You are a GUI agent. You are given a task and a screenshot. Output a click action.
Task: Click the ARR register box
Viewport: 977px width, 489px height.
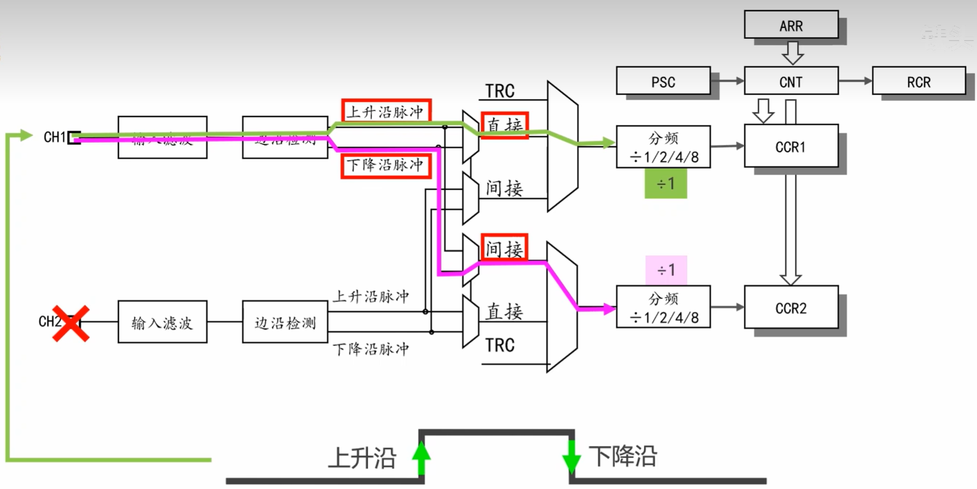[x=790, y=25]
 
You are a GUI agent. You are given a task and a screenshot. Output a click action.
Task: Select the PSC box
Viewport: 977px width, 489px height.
[x=663, y=81]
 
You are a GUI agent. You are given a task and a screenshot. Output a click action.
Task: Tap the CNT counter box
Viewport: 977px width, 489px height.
[x=790, y=81]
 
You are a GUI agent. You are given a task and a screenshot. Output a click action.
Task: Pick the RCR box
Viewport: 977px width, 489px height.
[x=918, y=81]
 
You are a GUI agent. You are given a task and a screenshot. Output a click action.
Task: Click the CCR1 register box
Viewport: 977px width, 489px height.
[x=790, y=146]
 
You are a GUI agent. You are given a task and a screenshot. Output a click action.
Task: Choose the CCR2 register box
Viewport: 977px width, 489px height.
[x=790, y=308]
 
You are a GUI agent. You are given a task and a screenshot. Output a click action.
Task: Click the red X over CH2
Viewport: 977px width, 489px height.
[x=71, y=323]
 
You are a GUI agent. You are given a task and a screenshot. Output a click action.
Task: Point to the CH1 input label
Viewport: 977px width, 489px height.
[x=54, y=137]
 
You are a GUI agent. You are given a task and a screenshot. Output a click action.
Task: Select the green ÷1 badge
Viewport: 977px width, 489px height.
[x=665, y=184]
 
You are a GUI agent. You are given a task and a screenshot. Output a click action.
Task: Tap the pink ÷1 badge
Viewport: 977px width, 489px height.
[x=666, y=269]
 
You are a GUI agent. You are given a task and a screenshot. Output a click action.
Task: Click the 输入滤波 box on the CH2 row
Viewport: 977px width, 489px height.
[x=162, y=322]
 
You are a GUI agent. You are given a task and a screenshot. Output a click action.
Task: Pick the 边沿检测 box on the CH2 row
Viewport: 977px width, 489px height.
[x=285, y=322]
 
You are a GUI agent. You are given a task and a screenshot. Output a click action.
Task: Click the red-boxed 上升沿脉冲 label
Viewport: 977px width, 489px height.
[x=386, y=111]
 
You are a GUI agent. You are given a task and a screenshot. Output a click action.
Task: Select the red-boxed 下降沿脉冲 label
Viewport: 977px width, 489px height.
[x=386, y=165]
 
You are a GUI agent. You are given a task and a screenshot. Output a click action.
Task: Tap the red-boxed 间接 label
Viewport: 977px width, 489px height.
[x=504, y=248]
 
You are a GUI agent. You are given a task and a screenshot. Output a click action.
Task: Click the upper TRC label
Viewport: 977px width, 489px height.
[x=500, y=91]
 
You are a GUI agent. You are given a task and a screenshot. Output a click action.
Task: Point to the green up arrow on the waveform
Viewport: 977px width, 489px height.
[x=421, y=458]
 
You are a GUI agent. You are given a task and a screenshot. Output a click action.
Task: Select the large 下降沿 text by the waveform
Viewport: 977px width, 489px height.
[x=623, y=456]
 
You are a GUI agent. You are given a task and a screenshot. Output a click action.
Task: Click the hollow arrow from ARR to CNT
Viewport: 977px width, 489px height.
[x=793, y=52]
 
